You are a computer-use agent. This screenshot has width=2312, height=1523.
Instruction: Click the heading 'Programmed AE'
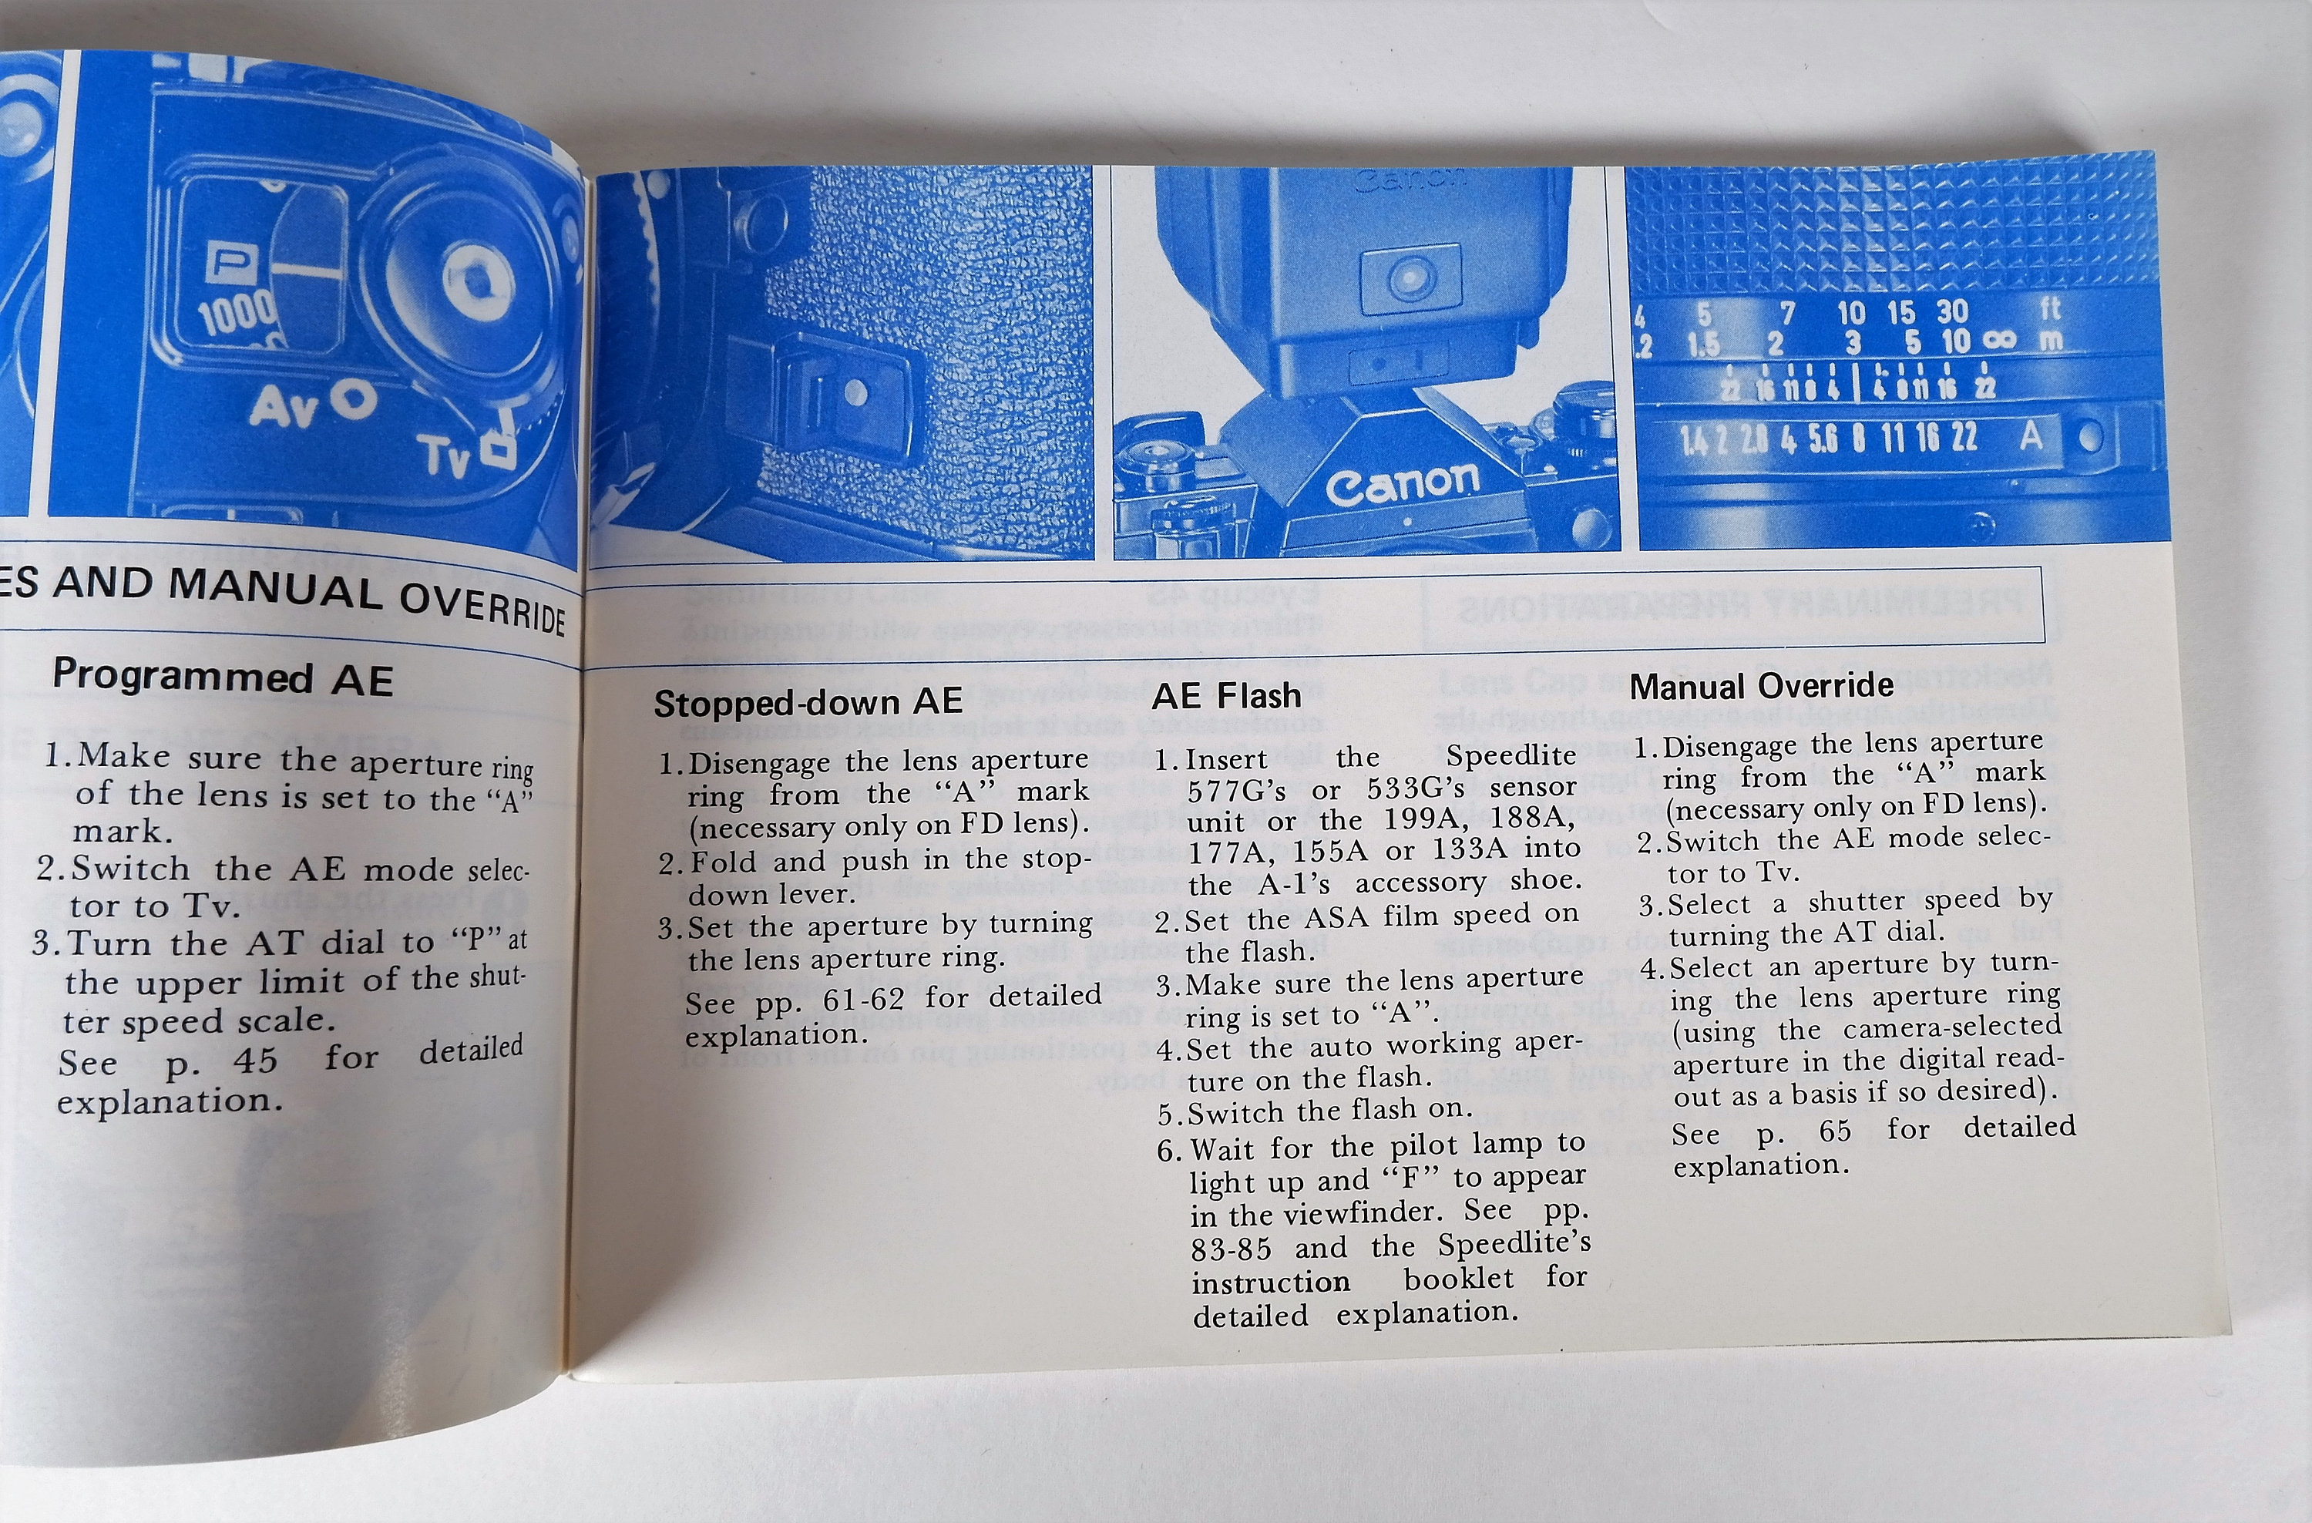tap(223, 677)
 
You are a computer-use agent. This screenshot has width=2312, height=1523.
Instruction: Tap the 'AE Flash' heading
tap(1226, 694)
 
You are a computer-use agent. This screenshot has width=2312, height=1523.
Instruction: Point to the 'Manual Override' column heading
tap(1761, 686)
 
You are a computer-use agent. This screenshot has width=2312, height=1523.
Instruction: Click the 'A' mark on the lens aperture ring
tap(2030, 436)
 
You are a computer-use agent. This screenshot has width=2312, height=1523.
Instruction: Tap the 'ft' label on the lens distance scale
tap(2050, 309)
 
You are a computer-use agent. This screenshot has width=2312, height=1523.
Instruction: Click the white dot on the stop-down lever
tap(856, 392)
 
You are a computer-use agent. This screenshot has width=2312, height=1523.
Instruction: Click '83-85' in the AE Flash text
tap(1231, 1247)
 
